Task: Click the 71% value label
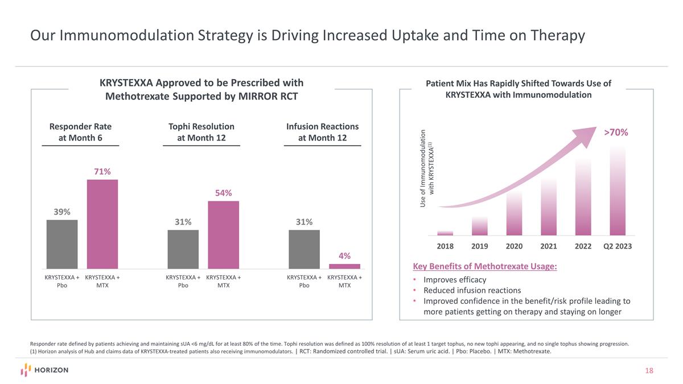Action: coord(102,171)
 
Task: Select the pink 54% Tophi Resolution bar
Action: coord(224,234)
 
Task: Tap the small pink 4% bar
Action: coord(344,266)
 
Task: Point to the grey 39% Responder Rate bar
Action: coord(62,244)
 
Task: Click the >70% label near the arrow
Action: coord(616,132)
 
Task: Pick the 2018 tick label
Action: coord(445,247)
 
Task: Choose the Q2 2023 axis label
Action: coord(618,247)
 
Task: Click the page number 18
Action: coord(649,371)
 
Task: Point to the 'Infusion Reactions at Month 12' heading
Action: coord(322,132)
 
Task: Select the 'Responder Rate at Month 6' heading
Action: coord(80,132)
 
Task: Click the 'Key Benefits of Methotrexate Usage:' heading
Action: coord(484,267)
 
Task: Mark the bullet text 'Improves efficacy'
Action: coord(455,280)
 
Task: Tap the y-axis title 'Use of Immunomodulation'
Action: coord(423,168)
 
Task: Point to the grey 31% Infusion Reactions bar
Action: coord(304,249)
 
